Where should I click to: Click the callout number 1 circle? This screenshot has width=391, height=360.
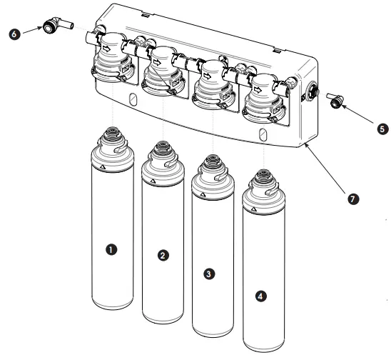pyautogui.click(x=111, y=249)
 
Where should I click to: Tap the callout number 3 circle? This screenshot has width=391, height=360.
pyautogui.click(x=208, y=273)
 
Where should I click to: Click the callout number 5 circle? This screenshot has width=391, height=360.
pyautogui.click(x=384, y=129)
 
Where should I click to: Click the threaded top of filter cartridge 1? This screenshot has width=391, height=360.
pyautogui.click(x=111, y=134)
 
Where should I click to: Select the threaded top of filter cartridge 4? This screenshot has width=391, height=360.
pyautogui.click(x=262, y=176)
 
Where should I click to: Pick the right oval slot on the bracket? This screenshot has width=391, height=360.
pyautogui.click(x=263, y=134)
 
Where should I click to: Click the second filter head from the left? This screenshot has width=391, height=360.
pyautogui.click(x=161, y=68)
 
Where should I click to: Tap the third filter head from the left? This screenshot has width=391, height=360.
pyautogui.click(x=210, y=82)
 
